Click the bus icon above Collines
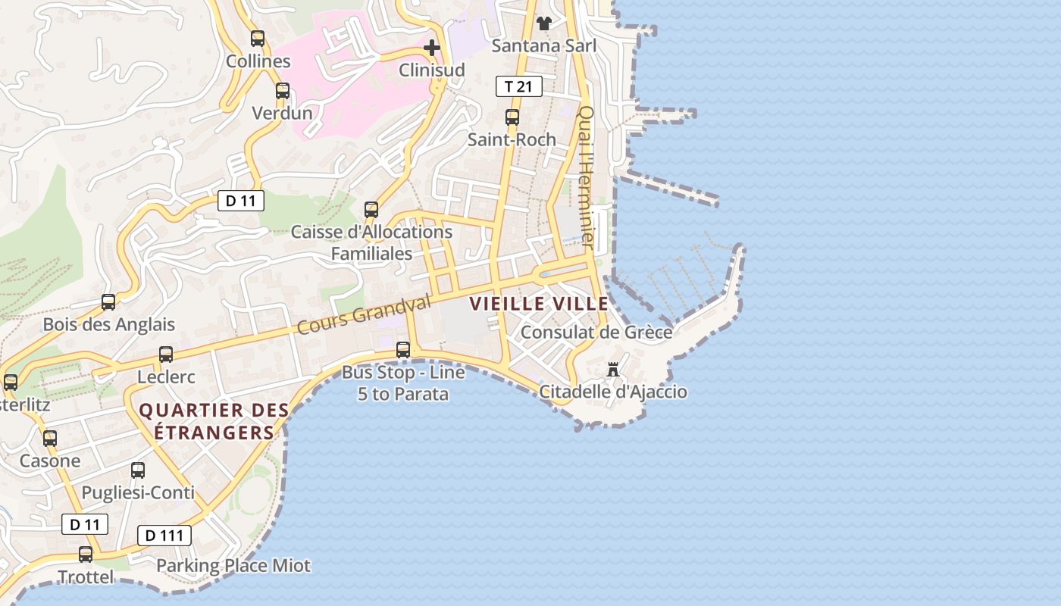(258, 39)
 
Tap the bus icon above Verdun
(283, 91)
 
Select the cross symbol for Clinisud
(432, 48)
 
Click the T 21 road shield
(519, 86)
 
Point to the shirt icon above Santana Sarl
(543, 23)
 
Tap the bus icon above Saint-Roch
(512, 117)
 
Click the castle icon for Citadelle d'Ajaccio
(613, 370)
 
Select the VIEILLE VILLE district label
(539, 305)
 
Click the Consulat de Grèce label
(596, 333)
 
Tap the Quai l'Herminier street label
(586, 176)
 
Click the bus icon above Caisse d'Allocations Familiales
(371, 210)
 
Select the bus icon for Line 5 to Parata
(403, 350)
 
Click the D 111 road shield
(164, 536)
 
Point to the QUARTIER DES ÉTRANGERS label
(214, 421)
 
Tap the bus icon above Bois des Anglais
(108, 302)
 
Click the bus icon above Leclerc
(166, 355)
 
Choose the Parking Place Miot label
(233, 566)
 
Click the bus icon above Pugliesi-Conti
(138, 470)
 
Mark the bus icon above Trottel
(86, 554)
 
